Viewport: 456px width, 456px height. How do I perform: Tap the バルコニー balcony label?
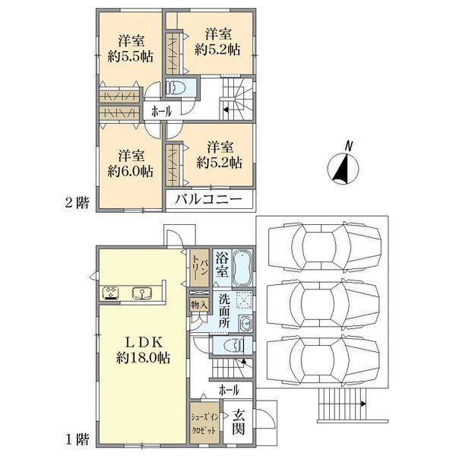(208, 199)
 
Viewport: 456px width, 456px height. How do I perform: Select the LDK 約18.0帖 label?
(144, 350)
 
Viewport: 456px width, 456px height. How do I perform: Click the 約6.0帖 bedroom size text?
(130, 172)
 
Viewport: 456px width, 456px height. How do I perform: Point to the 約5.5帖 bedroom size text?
(130, 56)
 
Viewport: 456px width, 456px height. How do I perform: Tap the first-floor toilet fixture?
(234, 345)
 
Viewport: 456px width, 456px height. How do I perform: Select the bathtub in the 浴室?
(242, 268)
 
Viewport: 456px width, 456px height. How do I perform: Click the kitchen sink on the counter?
(141, 293)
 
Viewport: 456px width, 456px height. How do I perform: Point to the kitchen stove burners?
(111, 293)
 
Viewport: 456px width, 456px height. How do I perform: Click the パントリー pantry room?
(199, 268)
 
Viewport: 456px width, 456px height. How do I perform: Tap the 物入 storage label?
(199, 305)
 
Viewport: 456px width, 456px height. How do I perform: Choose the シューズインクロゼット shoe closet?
(204, 423)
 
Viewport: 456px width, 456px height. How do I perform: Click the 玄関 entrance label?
(238, 422)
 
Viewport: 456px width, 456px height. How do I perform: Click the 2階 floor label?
(77, 202)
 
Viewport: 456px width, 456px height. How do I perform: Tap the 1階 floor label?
(77, 439)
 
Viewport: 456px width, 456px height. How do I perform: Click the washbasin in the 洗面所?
(246, 323)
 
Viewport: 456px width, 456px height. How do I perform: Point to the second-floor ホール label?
(161, 112)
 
